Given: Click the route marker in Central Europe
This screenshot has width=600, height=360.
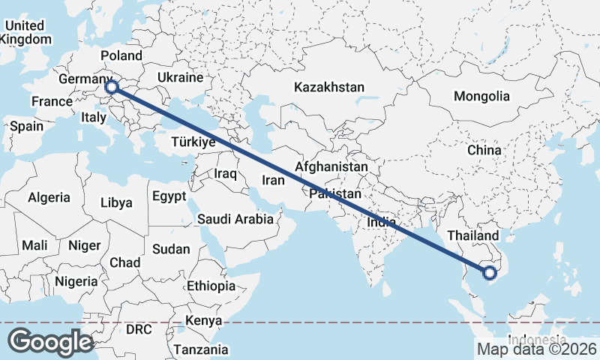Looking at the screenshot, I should (x=112, y=87).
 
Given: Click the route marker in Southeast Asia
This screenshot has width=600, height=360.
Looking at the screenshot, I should (x=490, y=273).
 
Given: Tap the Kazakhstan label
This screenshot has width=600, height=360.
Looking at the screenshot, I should (x=329, y=87).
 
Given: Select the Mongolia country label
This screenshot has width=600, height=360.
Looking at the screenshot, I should (x=481, y=96).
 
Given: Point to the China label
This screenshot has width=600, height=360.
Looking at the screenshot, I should (x=484, y=150).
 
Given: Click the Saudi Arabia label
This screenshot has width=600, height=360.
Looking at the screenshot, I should (x=235, y=219).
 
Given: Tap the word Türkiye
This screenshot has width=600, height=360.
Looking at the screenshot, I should (x=193, y=142).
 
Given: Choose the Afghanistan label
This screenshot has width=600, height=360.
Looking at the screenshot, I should (x=331, y=166).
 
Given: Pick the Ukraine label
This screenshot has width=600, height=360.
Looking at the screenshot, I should (x=180, y=77).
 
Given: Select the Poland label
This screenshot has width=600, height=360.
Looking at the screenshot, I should (x=121, y=55).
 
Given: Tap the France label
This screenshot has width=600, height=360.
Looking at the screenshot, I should (x=51, y=101).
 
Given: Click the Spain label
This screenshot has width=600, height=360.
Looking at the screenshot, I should (x=26, y=126).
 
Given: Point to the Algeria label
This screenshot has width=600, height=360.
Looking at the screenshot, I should (x=49, y=197).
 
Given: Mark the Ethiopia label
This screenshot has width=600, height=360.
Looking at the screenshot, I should (x=211, y=286).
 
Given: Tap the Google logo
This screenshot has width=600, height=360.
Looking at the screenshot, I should (x=51, y=342).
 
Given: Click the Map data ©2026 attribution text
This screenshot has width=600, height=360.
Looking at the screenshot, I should (x=537, y=349).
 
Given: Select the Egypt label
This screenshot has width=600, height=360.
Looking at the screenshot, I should (x=168, y=196).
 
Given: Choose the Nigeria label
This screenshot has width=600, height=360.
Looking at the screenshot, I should (x=76, y=281).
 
